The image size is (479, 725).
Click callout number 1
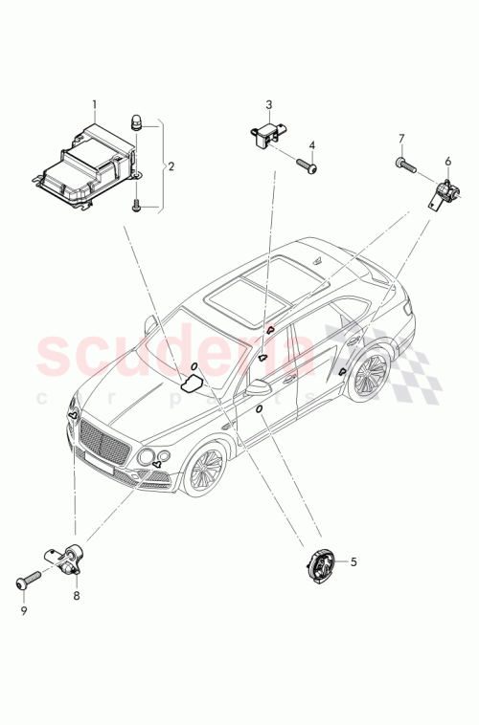[x=94, y=103]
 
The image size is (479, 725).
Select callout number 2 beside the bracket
[x=171, y=166]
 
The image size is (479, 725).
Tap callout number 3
[x=269, y=104]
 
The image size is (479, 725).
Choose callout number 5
[x=353, y=562]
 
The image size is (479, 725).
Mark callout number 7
[x=402, y=139]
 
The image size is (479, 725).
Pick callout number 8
[x=77, y=595]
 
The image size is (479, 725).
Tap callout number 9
[x=25, y=609]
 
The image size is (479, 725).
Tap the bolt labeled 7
[x=405, y=165]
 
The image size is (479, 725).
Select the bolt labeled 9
[x=27, y=580]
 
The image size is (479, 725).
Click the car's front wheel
[x=207, y=472]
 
